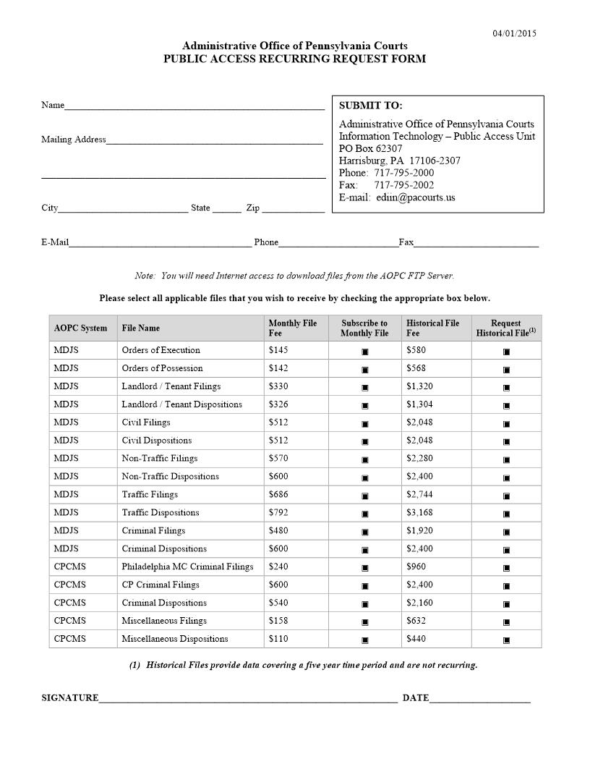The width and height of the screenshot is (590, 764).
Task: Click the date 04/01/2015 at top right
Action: click(515, 33)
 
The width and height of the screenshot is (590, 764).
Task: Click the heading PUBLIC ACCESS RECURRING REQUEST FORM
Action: click(294, 59)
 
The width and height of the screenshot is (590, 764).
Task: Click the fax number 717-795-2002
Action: click(403, 185)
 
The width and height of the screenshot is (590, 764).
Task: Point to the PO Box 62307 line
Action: click(371, 148)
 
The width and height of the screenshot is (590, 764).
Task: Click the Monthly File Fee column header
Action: click(293, 328)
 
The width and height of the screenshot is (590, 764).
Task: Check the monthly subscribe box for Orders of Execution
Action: click(365, 351)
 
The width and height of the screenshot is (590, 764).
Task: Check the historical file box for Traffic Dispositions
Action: click(506, 514)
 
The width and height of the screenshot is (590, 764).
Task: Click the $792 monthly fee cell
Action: click(278, 513)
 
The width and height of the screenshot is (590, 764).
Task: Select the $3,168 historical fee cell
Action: click(419, 513)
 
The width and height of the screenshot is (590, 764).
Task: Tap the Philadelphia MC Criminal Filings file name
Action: click(187, 566)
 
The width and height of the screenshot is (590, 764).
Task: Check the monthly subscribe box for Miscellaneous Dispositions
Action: click(365, 640)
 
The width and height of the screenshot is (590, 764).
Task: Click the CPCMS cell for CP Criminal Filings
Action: click(70, 585)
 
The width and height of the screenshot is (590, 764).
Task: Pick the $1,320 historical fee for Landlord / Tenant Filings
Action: click(419, 386)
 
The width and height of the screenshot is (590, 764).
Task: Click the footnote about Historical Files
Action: click(303, 666)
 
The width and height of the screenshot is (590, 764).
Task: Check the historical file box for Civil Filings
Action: click(506, 423)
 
